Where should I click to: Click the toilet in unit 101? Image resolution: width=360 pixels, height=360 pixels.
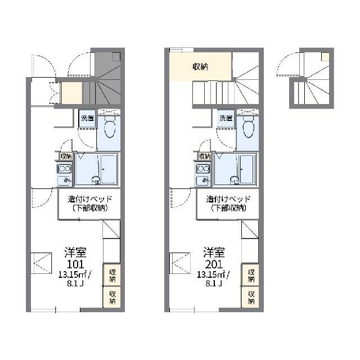click(109, 128)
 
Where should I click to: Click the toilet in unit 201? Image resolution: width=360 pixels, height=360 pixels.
click(249, 128)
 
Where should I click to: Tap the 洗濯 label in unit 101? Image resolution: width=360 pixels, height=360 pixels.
click(88, 118)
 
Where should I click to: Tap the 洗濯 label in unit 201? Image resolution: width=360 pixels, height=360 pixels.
click(226, 118)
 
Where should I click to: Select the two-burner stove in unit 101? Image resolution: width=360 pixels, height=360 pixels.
click(65, 169)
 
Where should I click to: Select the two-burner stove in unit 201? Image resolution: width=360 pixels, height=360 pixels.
click(203, 169)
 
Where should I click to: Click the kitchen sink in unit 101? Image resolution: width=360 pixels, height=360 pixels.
click(65, 181)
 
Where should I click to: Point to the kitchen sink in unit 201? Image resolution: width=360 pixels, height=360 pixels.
click(203, 181)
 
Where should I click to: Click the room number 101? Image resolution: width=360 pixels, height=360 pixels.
click(75, 264)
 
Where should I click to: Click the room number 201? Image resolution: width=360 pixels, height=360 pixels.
click(214, 264)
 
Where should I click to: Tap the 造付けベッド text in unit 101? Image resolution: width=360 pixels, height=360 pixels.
click(90, 199)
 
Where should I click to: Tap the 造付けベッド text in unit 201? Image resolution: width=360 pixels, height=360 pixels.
click(228, 199)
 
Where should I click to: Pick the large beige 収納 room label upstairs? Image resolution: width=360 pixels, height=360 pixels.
click(200, 67)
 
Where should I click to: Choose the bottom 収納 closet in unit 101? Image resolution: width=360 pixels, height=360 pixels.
click(112, 297)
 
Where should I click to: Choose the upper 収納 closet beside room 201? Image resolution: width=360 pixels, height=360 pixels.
click(251, 276)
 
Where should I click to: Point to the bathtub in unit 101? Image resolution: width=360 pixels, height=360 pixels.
click(109, 169)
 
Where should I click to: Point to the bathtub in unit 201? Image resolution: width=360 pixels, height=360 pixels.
click(247, 169)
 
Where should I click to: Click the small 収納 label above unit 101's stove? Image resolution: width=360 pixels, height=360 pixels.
click(66, 156)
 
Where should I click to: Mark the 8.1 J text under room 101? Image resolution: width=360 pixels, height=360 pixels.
click(75, 283)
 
